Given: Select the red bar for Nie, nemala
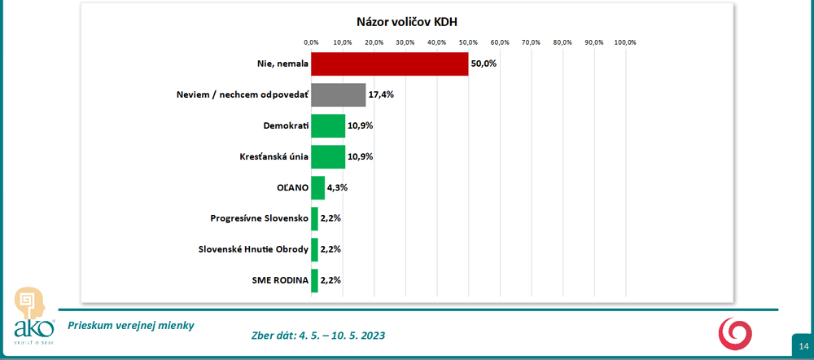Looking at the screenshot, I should click(389, 64).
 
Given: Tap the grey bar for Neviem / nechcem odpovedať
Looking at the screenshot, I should click(338, 95).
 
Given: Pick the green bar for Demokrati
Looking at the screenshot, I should click(328, 126).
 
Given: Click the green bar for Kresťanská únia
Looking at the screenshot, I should click(328, 156).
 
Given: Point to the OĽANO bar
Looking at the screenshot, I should click(317, 187).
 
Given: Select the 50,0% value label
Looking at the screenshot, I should click(484, 64).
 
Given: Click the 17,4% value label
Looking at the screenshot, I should click(381, 95).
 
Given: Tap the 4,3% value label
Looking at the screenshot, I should click(338, 187).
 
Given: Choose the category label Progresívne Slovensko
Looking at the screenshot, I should click(258, 218).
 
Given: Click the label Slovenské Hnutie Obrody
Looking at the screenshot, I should click(253, 249).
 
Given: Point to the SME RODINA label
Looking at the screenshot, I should click(280, 280).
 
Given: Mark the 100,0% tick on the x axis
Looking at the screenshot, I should click(624, 42).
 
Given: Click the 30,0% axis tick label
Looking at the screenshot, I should click(405, 42).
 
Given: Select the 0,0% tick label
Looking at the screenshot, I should click(311, 42).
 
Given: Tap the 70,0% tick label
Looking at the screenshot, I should click(531, 42).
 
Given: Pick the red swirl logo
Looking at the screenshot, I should click(735, 333).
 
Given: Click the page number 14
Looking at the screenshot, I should click(803, 347).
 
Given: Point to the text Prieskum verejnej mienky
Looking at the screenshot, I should click(131, 325).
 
